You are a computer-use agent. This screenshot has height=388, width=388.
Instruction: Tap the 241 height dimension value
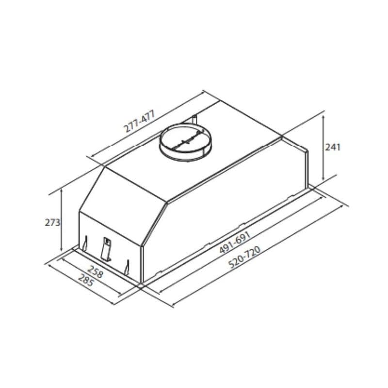pos(333,147)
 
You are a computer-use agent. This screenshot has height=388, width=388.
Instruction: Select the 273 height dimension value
pos(52,223)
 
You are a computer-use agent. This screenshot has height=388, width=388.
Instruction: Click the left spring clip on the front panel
pos(86,243)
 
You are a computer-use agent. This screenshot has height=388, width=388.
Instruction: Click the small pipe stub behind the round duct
pos(195,118)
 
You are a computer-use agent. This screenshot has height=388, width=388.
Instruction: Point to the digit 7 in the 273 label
pos(52,223)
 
